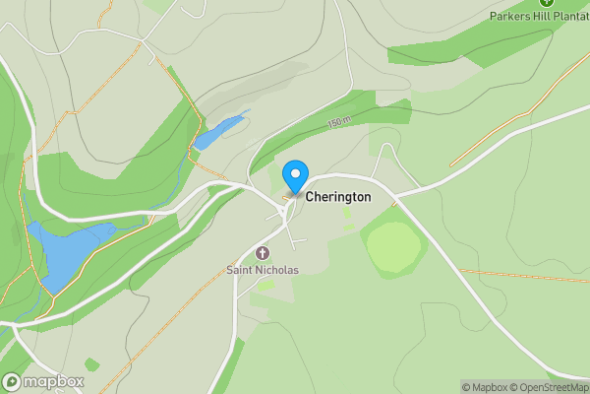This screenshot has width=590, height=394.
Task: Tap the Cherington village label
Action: (x=338, y=197)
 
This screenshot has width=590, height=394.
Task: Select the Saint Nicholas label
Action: (x=263, y=270)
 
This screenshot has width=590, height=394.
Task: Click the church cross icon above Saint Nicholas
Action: (x=263, y=253)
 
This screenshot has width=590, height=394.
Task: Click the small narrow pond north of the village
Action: (x=218, y=132)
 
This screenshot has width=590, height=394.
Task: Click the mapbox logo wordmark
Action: (x=54, y=381)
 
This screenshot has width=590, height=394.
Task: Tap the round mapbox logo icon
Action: (x=13, y=381)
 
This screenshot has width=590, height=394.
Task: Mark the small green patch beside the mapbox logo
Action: (x=91, y=365)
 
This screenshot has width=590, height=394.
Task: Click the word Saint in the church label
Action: (x=239, y=270)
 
